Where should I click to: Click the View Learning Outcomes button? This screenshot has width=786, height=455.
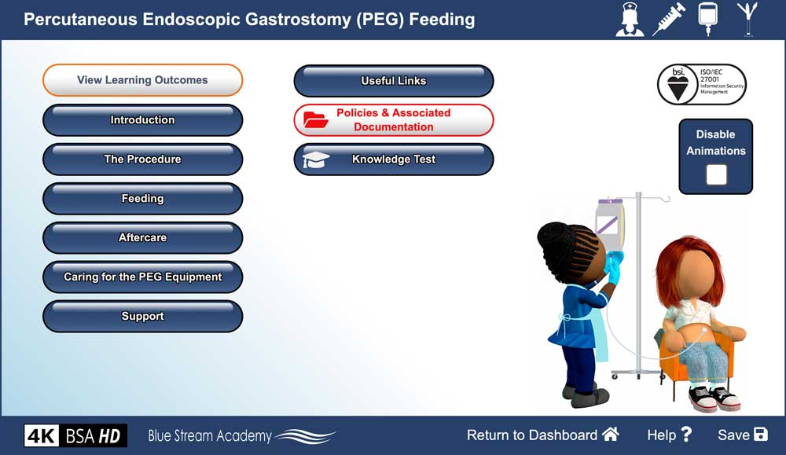[142, 80]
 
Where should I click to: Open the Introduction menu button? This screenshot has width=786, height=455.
[142, 120]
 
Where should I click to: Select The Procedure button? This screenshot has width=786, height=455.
[142, 160]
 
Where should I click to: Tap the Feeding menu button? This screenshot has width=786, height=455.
[142, 199]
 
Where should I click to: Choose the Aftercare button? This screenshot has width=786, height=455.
[142, 238]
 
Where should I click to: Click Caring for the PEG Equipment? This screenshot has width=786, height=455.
[142, 277]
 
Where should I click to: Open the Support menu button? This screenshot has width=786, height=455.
[142, 317]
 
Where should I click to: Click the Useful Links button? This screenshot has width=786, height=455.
[393, 81]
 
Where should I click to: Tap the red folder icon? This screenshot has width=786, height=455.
[316, 120]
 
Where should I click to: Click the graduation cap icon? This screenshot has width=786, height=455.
[316, 160]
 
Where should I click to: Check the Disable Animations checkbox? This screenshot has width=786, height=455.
[716, 174]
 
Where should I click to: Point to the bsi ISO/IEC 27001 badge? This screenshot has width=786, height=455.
[701, 85]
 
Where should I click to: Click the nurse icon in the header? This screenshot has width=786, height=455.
[630, 20]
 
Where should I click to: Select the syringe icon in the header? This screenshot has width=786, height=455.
[670, 20]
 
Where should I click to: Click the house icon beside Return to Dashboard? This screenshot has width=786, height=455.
[611, 435]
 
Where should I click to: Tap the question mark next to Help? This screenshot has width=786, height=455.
[686, 435]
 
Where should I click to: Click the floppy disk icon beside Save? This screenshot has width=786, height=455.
[760, 435]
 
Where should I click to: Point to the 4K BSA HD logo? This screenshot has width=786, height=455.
[75, 435]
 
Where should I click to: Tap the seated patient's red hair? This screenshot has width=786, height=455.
[691, 259]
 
